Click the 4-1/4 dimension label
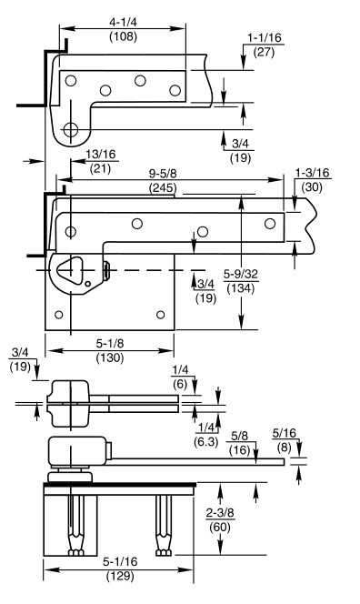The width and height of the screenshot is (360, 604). (123, 22)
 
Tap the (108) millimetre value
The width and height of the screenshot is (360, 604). (124, 36)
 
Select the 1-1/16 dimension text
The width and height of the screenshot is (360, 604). (265, 37)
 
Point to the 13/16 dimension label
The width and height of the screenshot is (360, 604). (100, 154)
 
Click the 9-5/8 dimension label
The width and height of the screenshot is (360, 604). (163, 174)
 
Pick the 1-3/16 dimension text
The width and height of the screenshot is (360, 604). (312, 173)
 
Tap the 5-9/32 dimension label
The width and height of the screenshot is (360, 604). (241, 274)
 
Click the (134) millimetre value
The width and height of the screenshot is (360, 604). (241, 288)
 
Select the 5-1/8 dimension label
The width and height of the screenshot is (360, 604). (110, 343)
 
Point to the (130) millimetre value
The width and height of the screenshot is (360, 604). (110, 357)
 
